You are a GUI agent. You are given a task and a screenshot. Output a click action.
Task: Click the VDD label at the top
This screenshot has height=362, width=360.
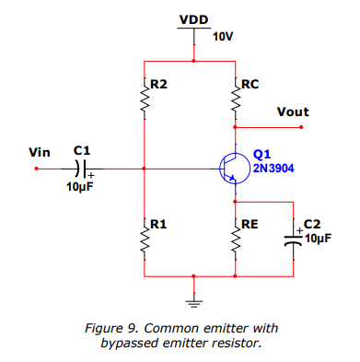point(193,19)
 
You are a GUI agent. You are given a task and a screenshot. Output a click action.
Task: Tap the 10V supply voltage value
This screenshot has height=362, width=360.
point(223,37)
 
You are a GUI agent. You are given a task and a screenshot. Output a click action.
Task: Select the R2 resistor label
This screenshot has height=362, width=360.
point(158,84)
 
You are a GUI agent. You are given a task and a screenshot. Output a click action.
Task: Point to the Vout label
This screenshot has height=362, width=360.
point(292,112)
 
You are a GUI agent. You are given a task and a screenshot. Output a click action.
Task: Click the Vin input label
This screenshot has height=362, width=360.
point(40,152)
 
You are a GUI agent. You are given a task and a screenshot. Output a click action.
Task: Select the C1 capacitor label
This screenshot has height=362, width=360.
point(82,149)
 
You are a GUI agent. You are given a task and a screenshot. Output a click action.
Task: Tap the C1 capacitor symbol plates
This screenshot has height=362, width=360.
point(81,169)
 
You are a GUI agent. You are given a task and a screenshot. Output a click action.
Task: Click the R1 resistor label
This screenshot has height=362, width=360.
point(158,224)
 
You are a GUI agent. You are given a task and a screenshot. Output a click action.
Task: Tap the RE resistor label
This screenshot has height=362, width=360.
point(250,224)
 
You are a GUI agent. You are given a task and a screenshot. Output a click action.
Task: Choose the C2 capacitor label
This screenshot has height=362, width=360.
point(312,224)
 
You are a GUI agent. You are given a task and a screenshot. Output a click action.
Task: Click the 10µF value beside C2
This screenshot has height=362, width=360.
point(316,238)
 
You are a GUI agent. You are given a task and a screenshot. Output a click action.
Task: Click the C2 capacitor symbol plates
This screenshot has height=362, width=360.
point(295,241)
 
